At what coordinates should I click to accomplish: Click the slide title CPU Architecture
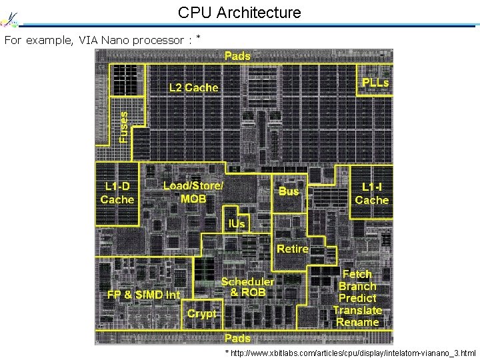pos(239,12)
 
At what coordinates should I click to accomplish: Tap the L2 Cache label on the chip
pos(193,87)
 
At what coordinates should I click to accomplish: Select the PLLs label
pos(375,83)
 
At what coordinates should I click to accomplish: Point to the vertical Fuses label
pos(123,126)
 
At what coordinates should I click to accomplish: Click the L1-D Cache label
pos(117,193)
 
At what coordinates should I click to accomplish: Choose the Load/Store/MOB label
pos(193,191)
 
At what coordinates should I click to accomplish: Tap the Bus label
pos(289,191)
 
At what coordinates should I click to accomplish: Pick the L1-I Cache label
pos(371,193)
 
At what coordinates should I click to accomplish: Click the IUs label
pos(237,224)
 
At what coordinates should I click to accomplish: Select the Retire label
pos(293,249)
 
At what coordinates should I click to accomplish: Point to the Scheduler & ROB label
pos(247,287)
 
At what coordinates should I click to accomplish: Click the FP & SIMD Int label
pos(144,295)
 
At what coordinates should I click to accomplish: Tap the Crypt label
pos(202,313)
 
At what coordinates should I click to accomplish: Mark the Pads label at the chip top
pos(237,56)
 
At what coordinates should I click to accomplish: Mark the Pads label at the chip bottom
pos(237,338)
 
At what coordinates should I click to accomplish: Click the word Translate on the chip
pos(357,310)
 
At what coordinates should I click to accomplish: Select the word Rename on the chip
pos(357,322)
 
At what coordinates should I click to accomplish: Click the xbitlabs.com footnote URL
pos(353,353)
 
